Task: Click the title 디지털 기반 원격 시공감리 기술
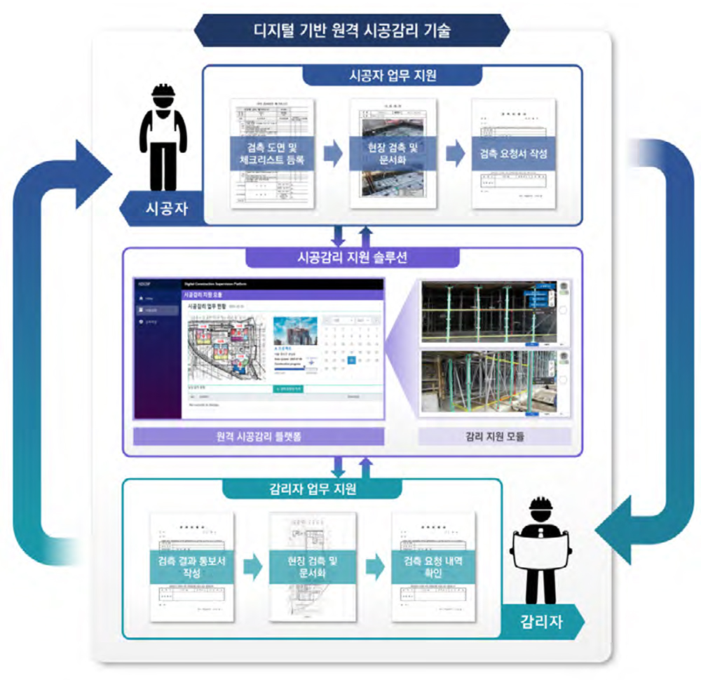353,32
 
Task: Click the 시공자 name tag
165,208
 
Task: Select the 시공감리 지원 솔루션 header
353,257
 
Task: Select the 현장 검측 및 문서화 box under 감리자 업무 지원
313,566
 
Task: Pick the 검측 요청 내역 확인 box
434,566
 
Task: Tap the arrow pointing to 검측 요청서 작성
455,154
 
